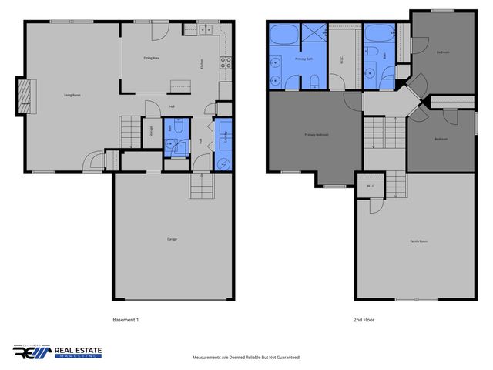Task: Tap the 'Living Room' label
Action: click(73, 96)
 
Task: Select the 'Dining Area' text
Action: click(151, 58)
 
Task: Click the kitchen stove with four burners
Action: click(226, 64)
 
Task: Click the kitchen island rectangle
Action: click(180, 85)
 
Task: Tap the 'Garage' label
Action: click(172, 239)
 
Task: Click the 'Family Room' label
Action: click(418, 241)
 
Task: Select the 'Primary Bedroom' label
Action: click(317, 135)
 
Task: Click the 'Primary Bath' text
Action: click(303, 58)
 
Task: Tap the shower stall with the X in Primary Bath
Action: click(316, 34)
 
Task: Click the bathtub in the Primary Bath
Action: click(282, 35)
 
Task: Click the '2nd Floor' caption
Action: click(364, 319)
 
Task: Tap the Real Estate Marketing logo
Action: click(57, 352)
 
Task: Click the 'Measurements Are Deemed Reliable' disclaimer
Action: click(246, 358)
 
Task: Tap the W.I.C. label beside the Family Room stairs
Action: click(370, 186)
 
